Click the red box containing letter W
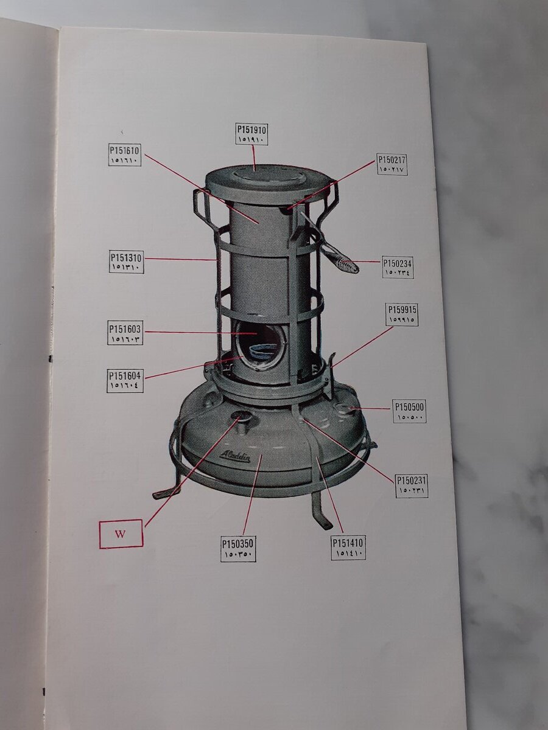click(121, 534)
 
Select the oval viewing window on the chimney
click(261, 345)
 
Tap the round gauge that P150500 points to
click(342, 408)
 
